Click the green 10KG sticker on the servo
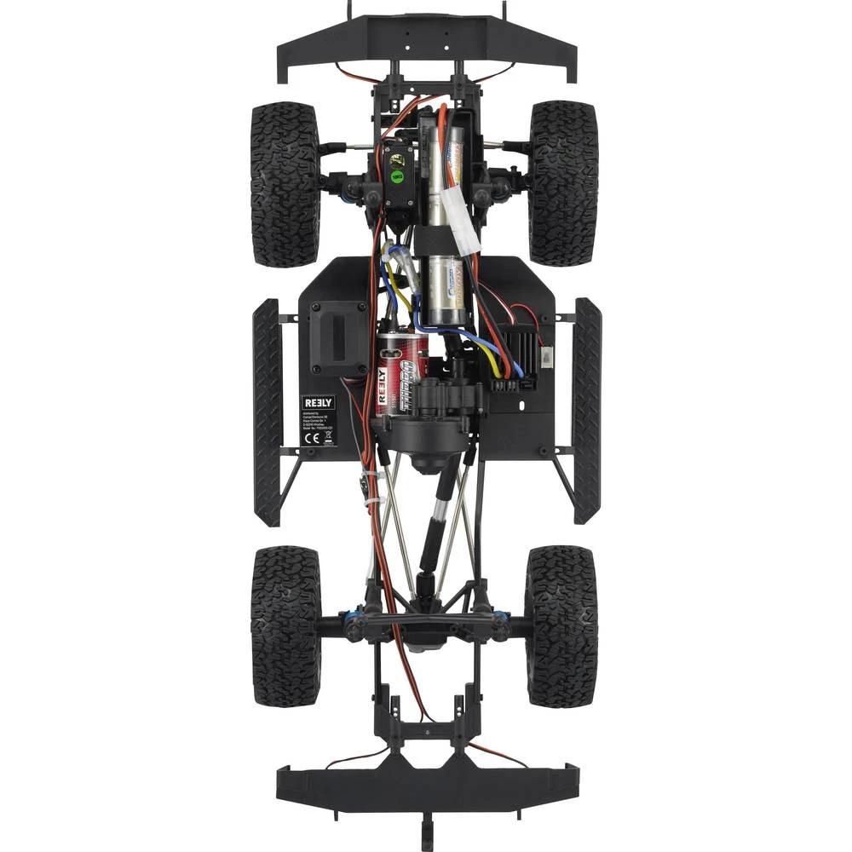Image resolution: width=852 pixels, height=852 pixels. pyautogui.click(x=396, y=176)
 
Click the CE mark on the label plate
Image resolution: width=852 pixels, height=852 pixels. pyautogui.click(x=311, y=439)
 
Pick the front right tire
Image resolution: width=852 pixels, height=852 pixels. pyautogui.click(x=563, y=182)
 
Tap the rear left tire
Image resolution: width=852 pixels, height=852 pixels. pyautogui.click(x=285, y=625)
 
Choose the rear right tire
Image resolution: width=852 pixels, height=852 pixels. pyautogui.click(x=561, y=625)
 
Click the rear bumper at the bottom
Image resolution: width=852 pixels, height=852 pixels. pyautogui.click(x=427, y=783)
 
